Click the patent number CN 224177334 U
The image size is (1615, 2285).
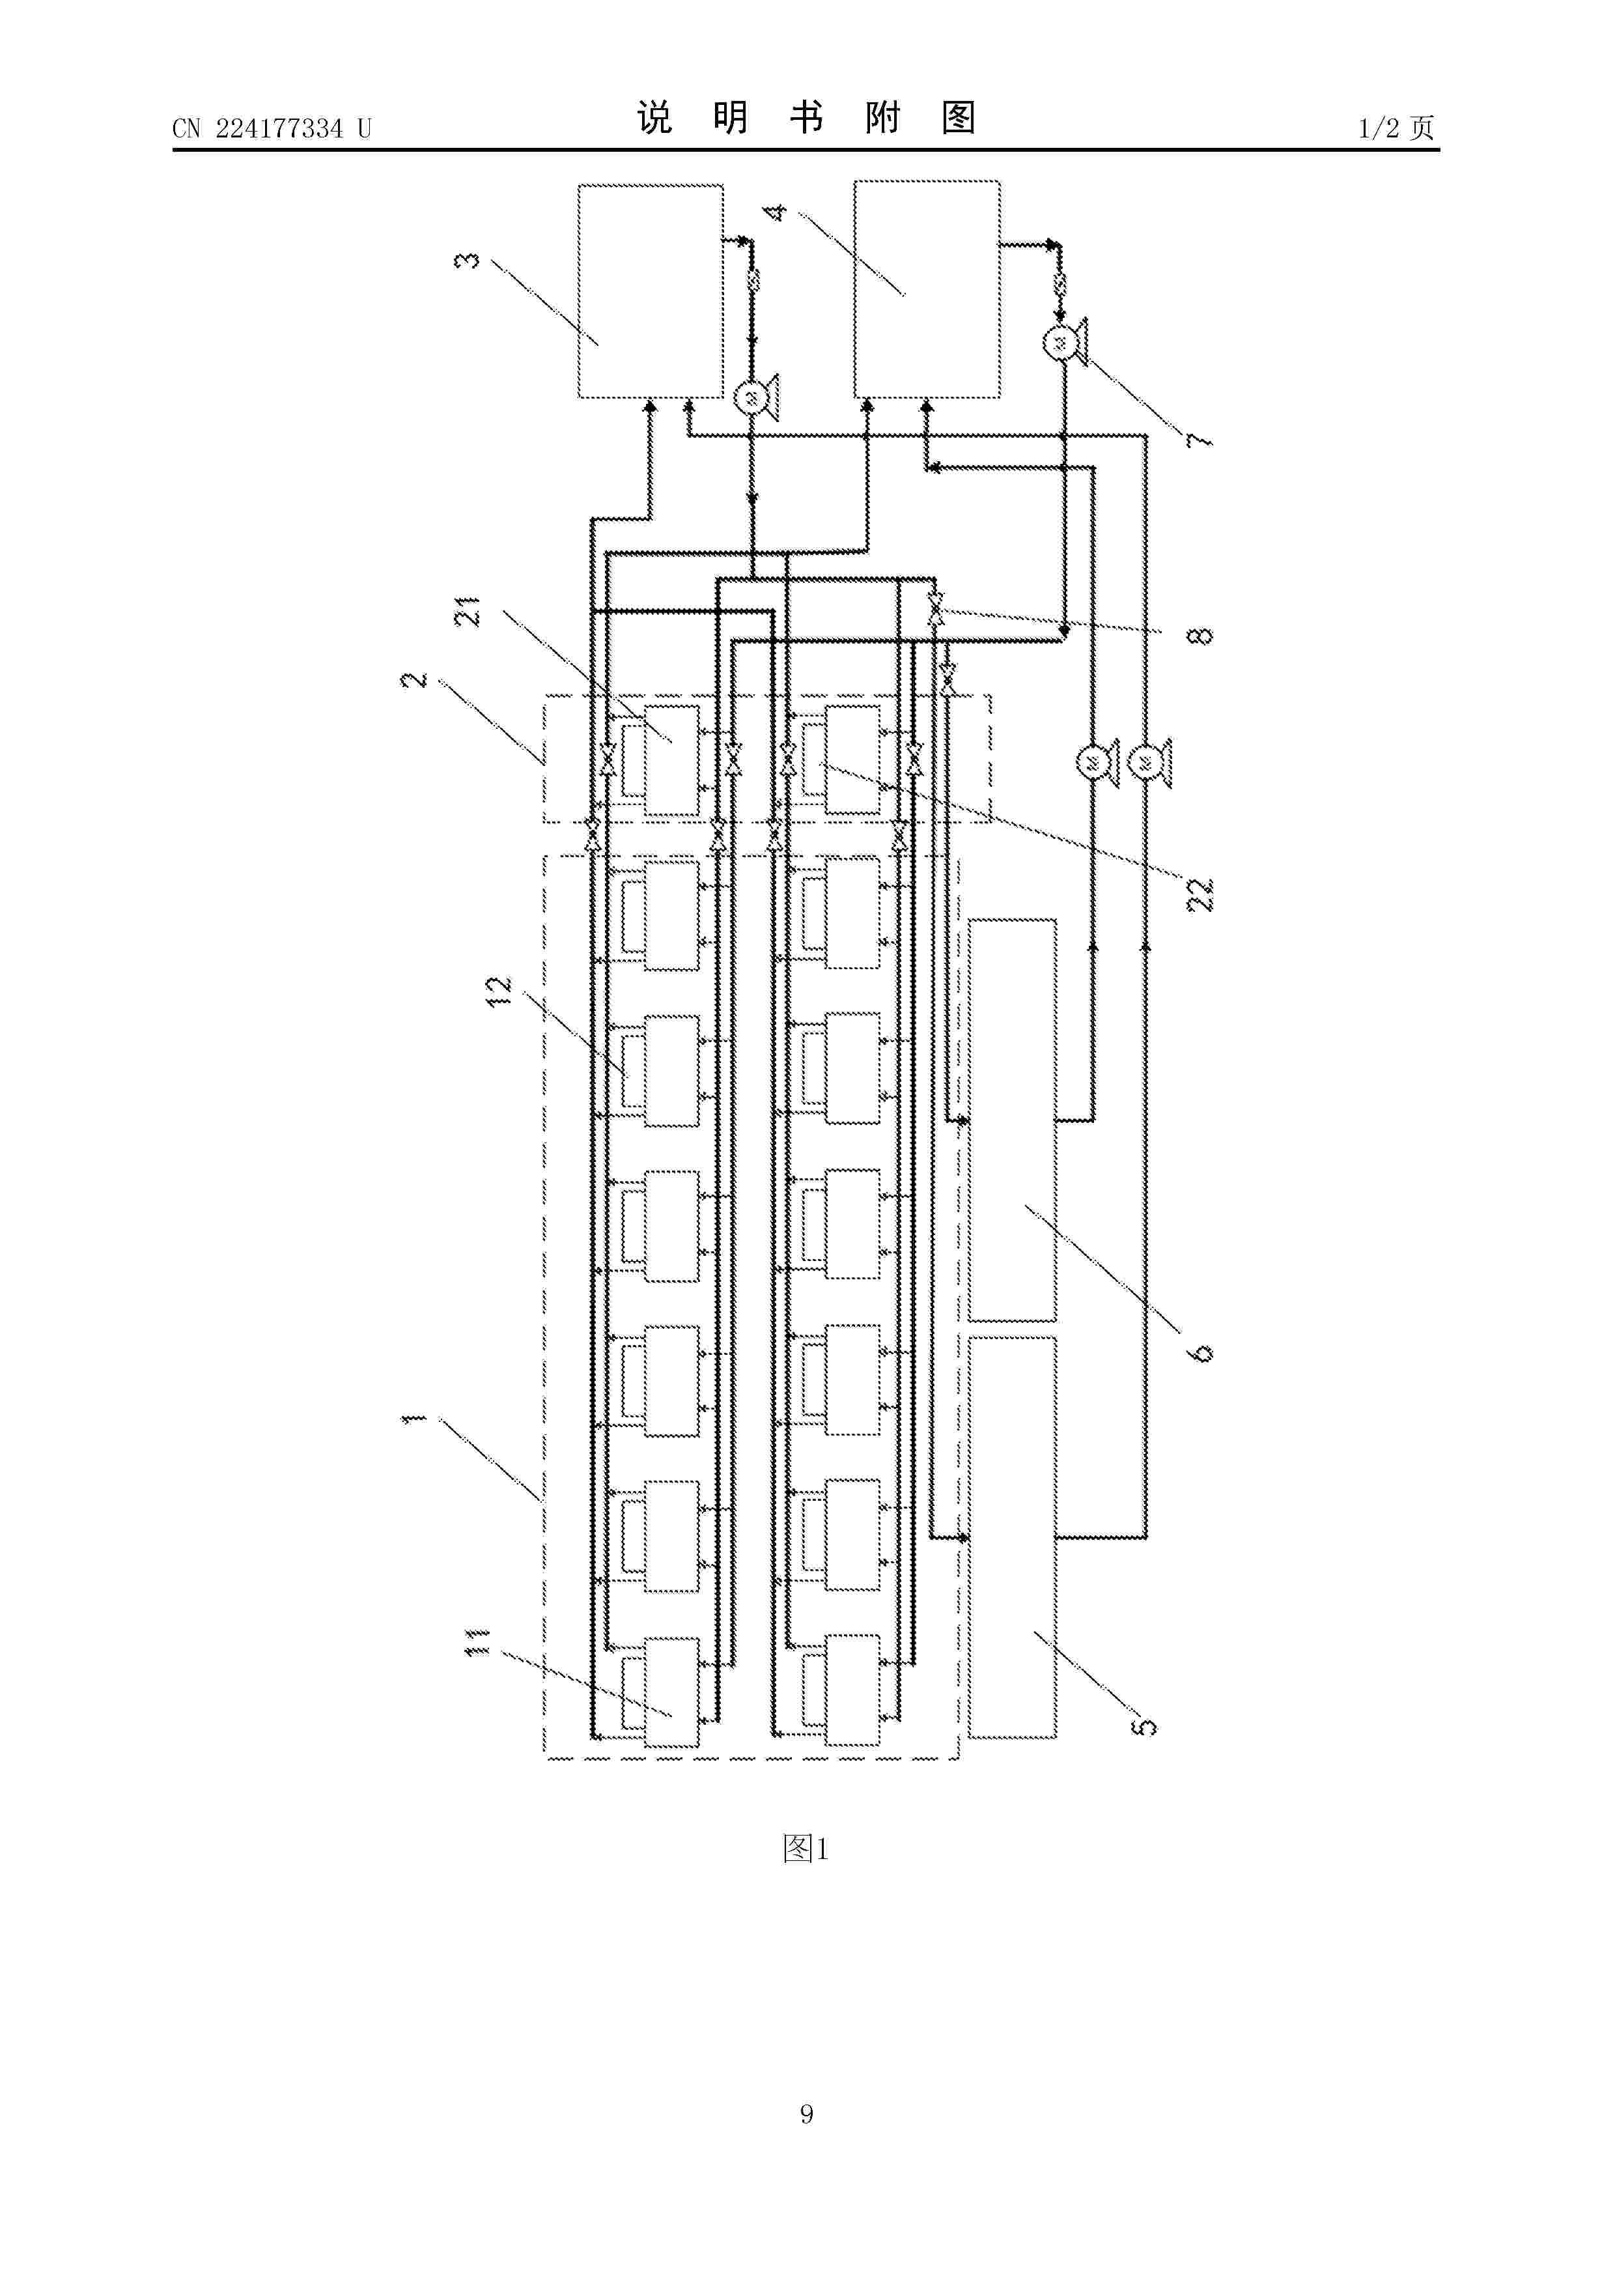point(272,128)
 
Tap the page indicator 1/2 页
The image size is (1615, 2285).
point(1396,128)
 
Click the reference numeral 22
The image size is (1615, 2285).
point(1202,894)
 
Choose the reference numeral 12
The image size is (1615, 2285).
point(498,990)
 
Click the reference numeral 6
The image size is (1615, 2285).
point(1202,1352)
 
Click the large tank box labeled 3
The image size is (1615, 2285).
point(651,291)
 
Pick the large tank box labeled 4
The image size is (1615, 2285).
point(927,289)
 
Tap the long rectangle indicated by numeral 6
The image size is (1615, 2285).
point(1013,1120)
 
